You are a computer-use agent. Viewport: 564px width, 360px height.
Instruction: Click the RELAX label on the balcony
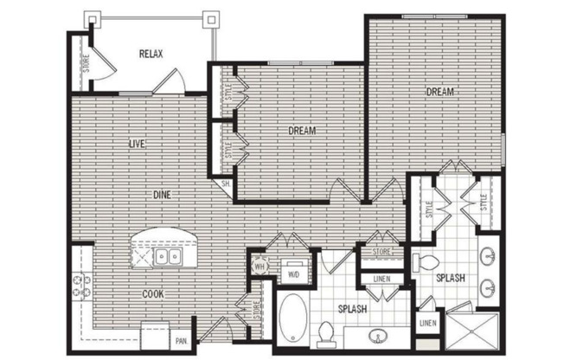point(151,54)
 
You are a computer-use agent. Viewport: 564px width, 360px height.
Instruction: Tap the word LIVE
point(136,143)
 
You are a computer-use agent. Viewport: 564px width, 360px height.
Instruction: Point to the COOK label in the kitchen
point(154,294)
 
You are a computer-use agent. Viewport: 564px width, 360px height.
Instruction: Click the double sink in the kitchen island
point(165,256)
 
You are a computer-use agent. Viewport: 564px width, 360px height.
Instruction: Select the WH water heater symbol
point(258,267)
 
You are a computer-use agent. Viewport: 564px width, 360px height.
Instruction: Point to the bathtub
point(292,320)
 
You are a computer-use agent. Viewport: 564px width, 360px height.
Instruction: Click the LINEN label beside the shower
point(426,324)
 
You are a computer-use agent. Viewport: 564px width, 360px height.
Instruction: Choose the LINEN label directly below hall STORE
point(380,279)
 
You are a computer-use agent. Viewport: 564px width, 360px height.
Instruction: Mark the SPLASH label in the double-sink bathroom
point(452,279)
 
